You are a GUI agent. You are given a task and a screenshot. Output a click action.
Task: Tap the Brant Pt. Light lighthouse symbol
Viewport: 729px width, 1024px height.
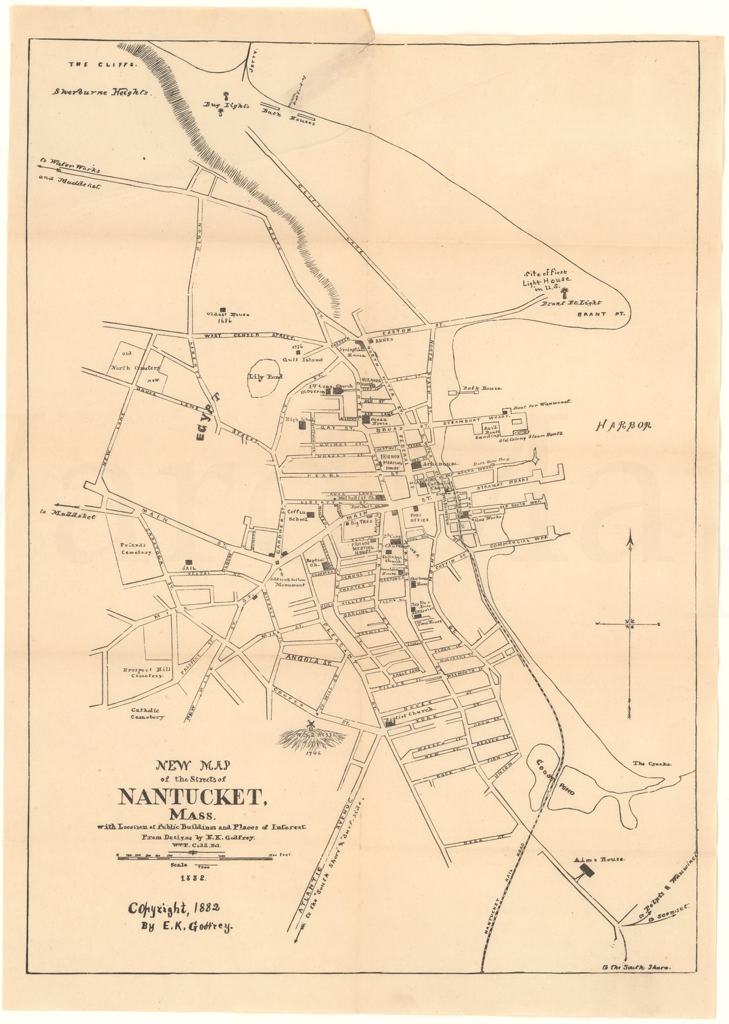(565, 294)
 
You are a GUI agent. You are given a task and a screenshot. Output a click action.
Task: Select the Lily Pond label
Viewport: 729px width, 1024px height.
(263, 377)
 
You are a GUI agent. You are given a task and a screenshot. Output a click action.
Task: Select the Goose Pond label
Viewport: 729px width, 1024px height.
(555, 778)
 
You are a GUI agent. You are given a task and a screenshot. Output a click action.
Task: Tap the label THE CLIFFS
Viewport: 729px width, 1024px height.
(103, 64)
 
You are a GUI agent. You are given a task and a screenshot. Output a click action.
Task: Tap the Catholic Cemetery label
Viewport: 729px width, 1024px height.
(147, 713)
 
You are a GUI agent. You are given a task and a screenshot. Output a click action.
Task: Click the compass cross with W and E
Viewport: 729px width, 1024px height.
(630, 624)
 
